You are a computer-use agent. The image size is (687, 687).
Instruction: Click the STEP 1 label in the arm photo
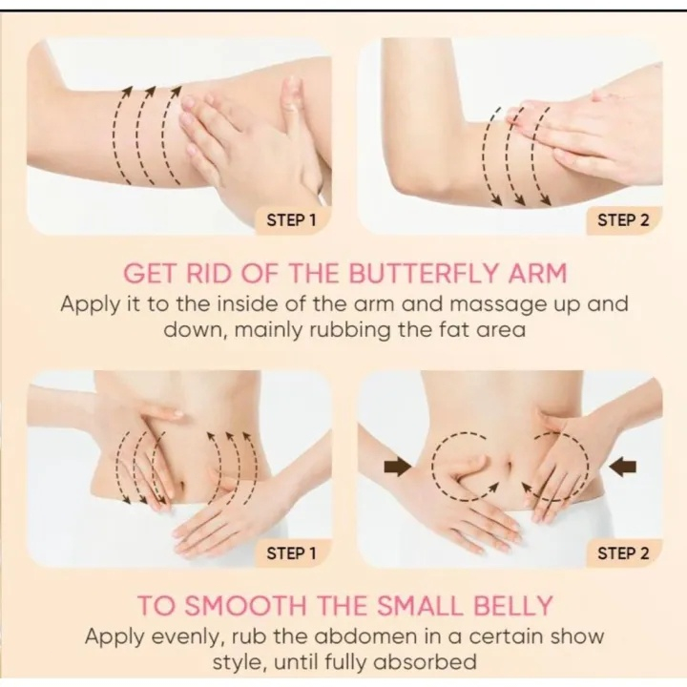point(291,219)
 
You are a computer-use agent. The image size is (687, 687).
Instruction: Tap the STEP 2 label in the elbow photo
point(623,219)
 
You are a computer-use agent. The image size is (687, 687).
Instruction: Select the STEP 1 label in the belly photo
point(291,552)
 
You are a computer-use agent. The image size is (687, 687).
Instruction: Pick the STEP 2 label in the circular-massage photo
point(623,552)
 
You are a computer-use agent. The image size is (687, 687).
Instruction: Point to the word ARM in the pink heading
point(536,275)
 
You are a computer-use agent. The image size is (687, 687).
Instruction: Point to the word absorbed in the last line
point(421,661)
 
